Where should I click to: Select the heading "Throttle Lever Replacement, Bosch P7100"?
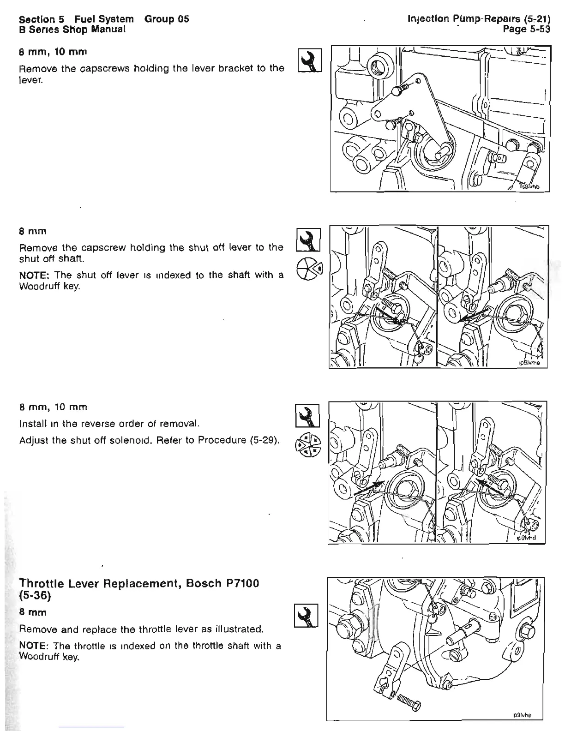click(139, 583)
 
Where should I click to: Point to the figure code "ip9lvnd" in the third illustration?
click(525, 538)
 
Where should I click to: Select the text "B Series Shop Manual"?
click(72, 30)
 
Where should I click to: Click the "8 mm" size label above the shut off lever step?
click(33, 231)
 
